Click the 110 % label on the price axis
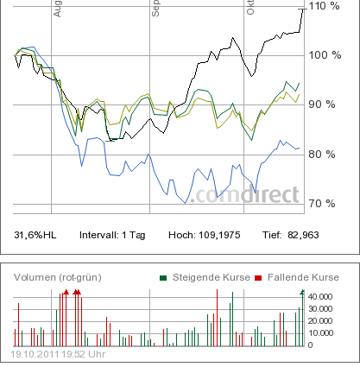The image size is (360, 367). coord(325,7)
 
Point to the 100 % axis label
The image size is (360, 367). coord(325,55)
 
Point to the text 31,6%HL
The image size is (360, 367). coord(36,235)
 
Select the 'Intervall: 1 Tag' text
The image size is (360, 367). coord(113,235)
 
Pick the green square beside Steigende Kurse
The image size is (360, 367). coord(163,277)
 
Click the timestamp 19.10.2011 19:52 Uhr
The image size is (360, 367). coord(59,354)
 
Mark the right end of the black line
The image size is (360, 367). coord(303,9)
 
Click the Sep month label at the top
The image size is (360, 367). coord(156,9)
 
